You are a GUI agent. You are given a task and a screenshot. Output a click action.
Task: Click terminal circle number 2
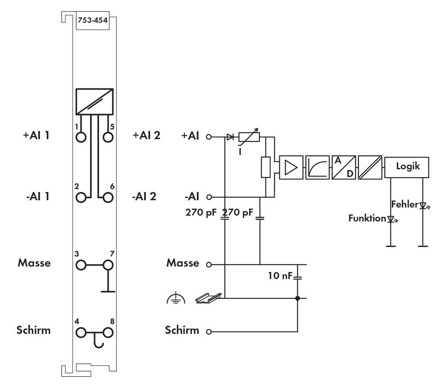(81, 197)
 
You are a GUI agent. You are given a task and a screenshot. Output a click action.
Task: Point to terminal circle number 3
(81, 264)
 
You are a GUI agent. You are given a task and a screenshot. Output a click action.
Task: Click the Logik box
(407, 166)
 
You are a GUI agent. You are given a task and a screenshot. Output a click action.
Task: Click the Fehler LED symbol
(423, 205)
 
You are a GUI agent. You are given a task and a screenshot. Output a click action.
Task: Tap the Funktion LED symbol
(391, 219)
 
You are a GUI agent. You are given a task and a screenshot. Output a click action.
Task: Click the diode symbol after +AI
(230, 137)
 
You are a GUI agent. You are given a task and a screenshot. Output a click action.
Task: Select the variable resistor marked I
(249, 137)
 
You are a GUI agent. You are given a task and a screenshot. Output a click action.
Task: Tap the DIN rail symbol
(208, 298)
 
